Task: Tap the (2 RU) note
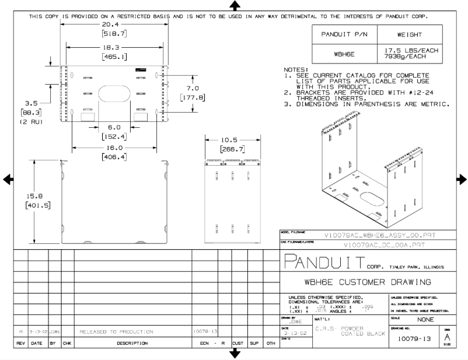coord(29,122)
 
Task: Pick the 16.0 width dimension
coord(114,148)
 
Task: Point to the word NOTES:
coord(295,69)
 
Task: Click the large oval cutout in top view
coord(115,96)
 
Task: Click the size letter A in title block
coord(447,337)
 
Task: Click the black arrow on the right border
coord(462,179)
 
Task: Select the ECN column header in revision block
coord(204,344)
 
